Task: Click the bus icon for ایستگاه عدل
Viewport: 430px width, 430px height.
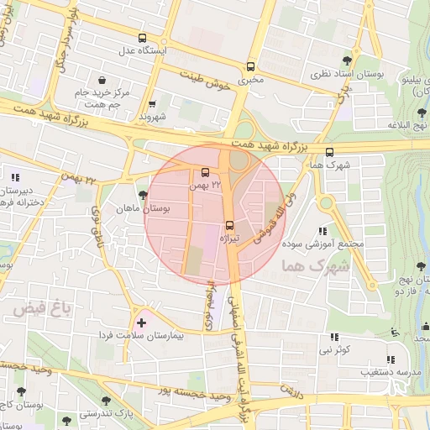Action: click(141, 38)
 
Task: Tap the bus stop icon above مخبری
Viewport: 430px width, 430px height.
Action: click(250, 67)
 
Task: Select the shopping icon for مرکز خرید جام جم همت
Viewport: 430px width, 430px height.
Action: click(102, 80)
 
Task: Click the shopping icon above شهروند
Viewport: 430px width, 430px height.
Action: click(152, 105)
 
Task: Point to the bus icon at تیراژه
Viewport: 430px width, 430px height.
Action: click(229, 225)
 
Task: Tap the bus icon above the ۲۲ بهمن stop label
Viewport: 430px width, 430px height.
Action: click(207, 172)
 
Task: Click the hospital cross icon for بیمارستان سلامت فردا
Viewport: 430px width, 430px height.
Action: click(141, 322)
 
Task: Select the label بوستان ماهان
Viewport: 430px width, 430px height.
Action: click(143, 207)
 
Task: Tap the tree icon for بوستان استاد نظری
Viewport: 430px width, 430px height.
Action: click(348, 60)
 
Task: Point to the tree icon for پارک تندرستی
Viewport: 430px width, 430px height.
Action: click(105, 401)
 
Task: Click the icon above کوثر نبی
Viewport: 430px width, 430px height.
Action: click(333, 337)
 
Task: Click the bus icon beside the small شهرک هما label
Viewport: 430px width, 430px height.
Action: click(329, 153)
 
